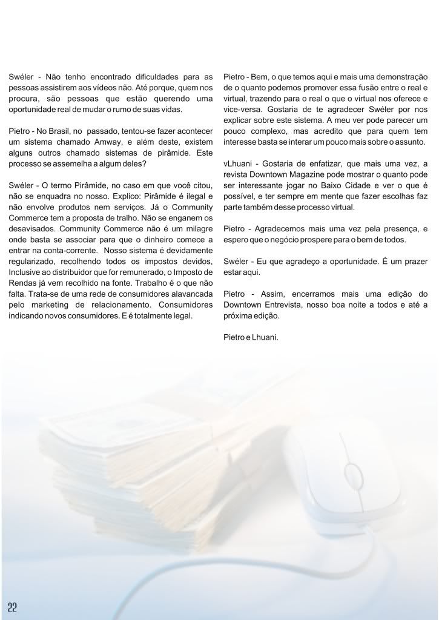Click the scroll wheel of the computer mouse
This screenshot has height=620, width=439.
(x=351, y=469)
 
